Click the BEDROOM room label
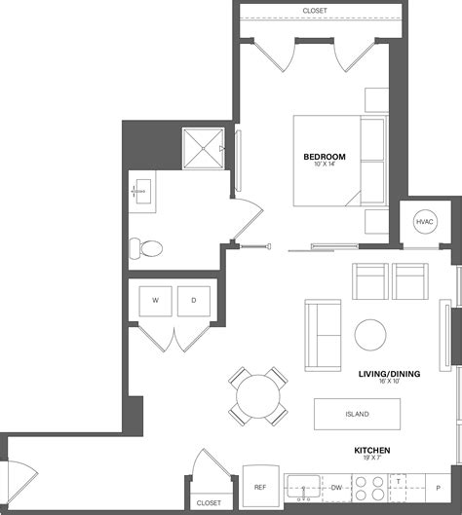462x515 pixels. coord(324,157)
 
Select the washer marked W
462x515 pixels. coord(154,301)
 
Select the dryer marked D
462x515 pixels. coord(193,301)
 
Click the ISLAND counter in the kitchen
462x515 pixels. coord(357,414)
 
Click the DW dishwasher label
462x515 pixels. coord(335,487)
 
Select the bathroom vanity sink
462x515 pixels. coord(141,192)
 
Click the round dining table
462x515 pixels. coord(258,397)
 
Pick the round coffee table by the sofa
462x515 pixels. coord(371,335)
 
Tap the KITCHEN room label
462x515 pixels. coord(372,450)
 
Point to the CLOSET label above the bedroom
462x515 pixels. coord(315,11)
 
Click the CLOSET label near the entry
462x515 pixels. coord(208,503)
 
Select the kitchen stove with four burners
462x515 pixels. coord(371,487)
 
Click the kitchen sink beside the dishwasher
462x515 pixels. coord(304,487)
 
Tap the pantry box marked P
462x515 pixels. coord(437,487)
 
